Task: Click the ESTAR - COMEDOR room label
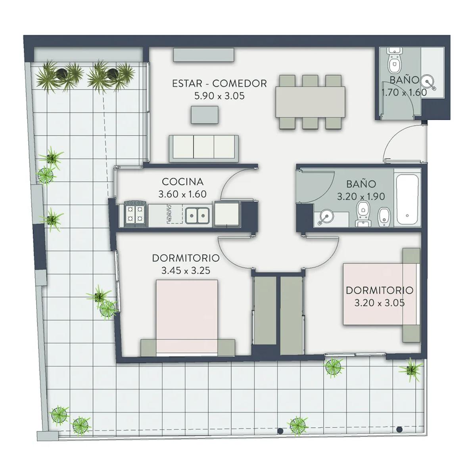click(x=219, y=83)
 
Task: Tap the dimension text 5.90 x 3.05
click(x=219, y=96)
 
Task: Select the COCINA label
click(x=182, y=182)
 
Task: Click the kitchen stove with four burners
click(x=135, y=213)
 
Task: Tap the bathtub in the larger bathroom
click(x=407, y=200)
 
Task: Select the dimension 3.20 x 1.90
click(x=361, y=196)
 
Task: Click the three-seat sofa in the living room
click(x=203, y=148)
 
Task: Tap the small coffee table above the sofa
click(x=205, y=115)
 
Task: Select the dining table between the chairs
click(x=311, y=102)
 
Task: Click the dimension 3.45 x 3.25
click(x=186, y=271)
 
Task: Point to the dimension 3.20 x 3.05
click(x=379, y=303)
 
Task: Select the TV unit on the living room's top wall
click(x=203, y=55)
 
